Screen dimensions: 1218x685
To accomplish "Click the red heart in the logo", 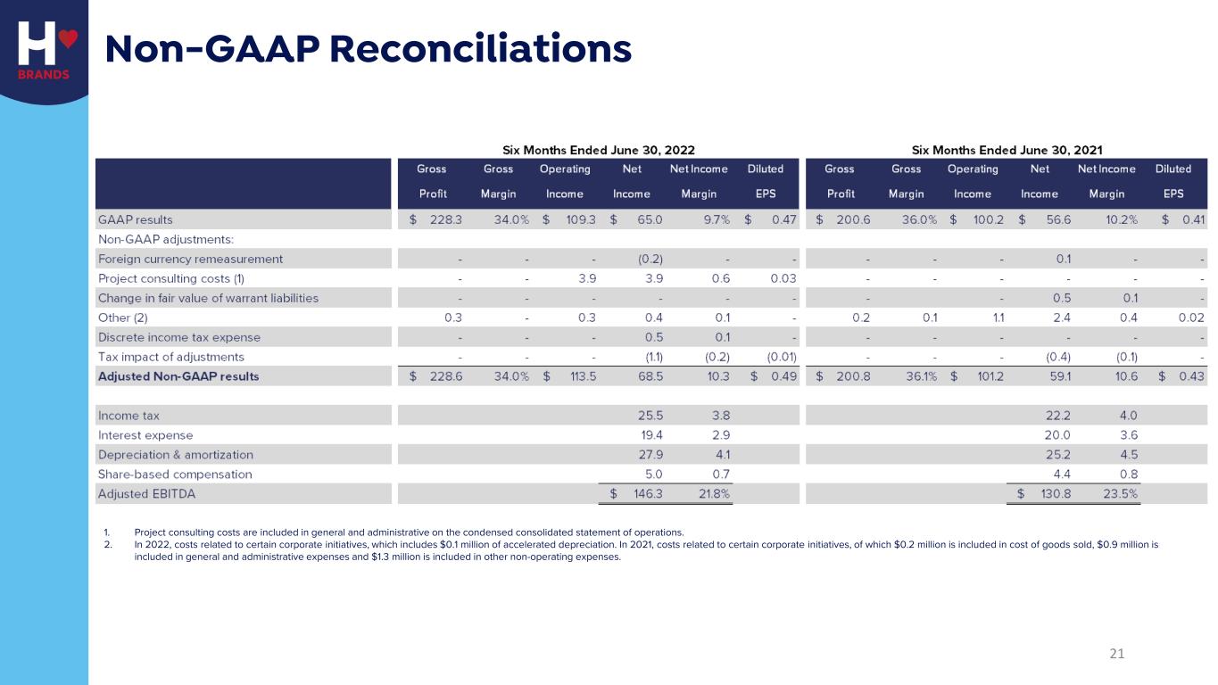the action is [68, 38].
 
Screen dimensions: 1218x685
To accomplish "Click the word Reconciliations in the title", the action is [480, 48].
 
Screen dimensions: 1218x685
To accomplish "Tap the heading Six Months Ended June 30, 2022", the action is [598, 150].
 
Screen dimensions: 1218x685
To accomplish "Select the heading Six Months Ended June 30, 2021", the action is [1007, 150].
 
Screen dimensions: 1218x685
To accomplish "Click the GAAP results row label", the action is [135, 219].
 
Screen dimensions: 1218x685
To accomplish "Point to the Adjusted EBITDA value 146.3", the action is [648, 493].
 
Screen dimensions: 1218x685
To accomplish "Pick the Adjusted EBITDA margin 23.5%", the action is [1120, 493].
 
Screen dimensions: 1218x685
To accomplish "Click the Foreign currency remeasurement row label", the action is [190, 259].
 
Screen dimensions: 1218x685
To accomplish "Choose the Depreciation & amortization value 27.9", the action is [650, 455].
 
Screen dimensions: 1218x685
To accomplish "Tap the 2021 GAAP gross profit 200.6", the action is [853, 219].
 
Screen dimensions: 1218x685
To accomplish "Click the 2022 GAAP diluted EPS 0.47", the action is [784, 219].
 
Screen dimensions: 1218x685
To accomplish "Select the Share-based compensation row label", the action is [175, 475].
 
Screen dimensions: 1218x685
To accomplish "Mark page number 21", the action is [1117, 654].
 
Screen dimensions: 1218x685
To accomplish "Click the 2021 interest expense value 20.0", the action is [1058, 435].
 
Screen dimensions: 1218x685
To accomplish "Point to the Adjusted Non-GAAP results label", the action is [178, 376].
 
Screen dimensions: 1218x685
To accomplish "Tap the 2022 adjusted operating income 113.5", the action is [583, 376].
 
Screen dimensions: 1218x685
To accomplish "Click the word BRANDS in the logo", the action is [44, 75].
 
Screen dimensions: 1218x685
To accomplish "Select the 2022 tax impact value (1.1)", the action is [650, 357].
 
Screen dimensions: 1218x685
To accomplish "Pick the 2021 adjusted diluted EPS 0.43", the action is [1191, 376].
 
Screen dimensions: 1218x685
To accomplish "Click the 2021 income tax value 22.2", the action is [1058, 416].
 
